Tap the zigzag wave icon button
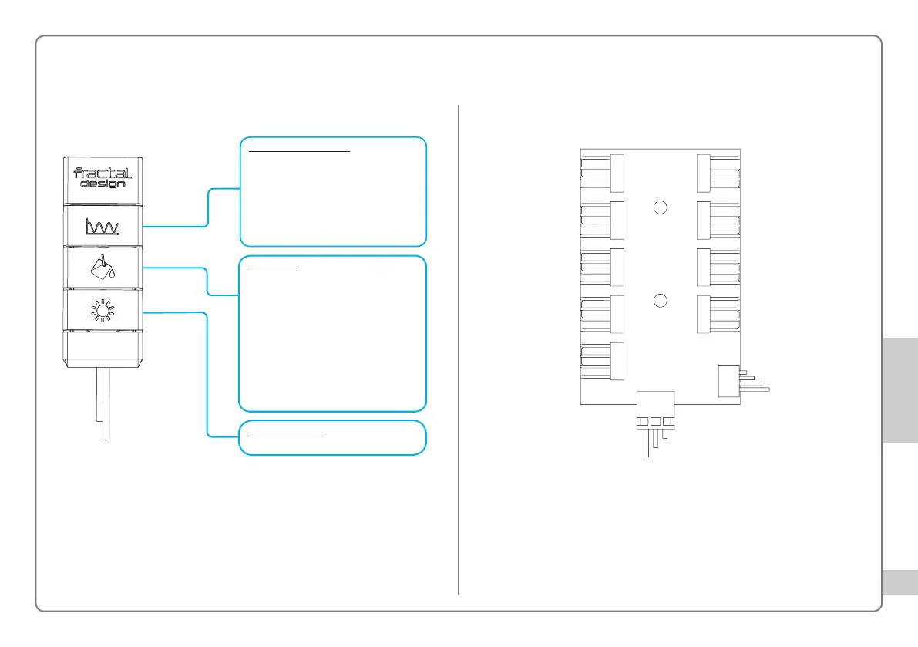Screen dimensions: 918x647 click(x=103, y=226)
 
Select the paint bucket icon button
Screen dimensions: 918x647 click(x=103, y=268)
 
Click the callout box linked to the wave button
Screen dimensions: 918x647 click(x=333, y=190)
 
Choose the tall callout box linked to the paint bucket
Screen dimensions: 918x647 click(x=333, y=333)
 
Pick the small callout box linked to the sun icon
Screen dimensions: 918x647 click(x=333, y=437)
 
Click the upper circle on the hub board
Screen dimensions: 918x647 click(x=659, y=207)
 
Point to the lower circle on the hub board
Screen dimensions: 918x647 click(x=659, y=301)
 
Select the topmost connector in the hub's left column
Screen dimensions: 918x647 click(x=602, y=173)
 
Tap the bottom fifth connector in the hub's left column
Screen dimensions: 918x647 click(x=602, y=361)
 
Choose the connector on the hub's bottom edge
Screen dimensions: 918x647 click(x=655, y=404)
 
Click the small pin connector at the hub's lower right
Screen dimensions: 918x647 click(x=729, y=380)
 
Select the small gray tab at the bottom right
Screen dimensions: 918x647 click(x=900, y=582)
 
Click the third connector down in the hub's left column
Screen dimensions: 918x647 click(x=602, y=267)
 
